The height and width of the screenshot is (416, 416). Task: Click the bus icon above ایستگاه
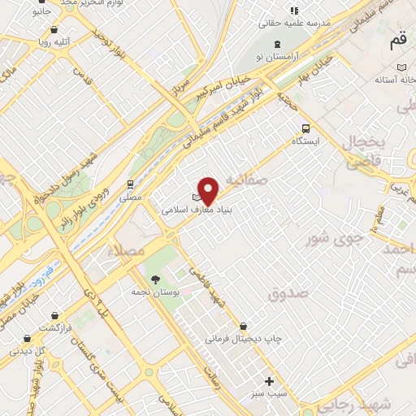pos(305,128)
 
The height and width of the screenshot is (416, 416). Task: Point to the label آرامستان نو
pos(279,56)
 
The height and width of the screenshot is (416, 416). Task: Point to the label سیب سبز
pos(268,395)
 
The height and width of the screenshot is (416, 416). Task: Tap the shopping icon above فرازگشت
pos(54,314)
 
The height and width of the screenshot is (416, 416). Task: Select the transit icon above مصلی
pos(130,184)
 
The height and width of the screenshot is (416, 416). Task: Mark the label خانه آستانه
pos(395,80)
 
